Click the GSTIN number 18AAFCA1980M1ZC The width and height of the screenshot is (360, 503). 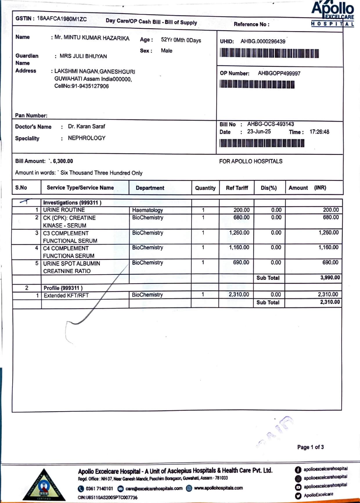coord(62,19)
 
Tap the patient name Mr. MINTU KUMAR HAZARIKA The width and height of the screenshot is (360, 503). coord(92,38)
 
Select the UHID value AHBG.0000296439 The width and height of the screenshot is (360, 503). coord(263,41)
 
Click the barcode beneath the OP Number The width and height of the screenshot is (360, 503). coord(257,84)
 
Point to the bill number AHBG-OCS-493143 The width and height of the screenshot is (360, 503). coord(270,124)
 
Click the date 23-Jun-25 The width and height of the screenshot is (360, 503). coord(259,132)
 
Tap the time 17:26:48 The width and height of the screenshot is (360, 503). coord(319,132)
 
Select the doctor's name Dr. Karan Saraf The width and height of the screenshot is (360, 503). coord(87,126)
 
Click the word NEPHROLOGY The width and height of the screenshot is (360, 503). coord(87,138)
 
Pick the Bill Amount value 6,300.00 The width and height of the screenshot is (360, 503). coord(63,161)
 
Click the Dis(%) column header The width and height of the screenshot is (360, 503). coord(269,188)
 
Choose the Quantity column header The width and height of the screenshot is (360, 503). coord(205,188)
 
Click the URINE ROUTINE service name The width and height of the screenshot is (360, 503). coord(64,210)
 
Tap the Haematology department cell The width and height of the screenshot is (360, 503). coord(147,210)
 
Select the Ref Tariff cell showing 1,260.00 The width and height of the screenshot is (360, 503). coord(239,233)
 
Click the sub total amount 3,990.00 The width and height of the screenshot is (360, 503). coord(330,278)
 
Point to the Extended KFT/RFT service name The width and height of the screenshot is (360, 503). coord(66,296)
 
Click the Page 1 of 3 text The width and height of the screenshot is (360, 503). coord(310,447)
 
